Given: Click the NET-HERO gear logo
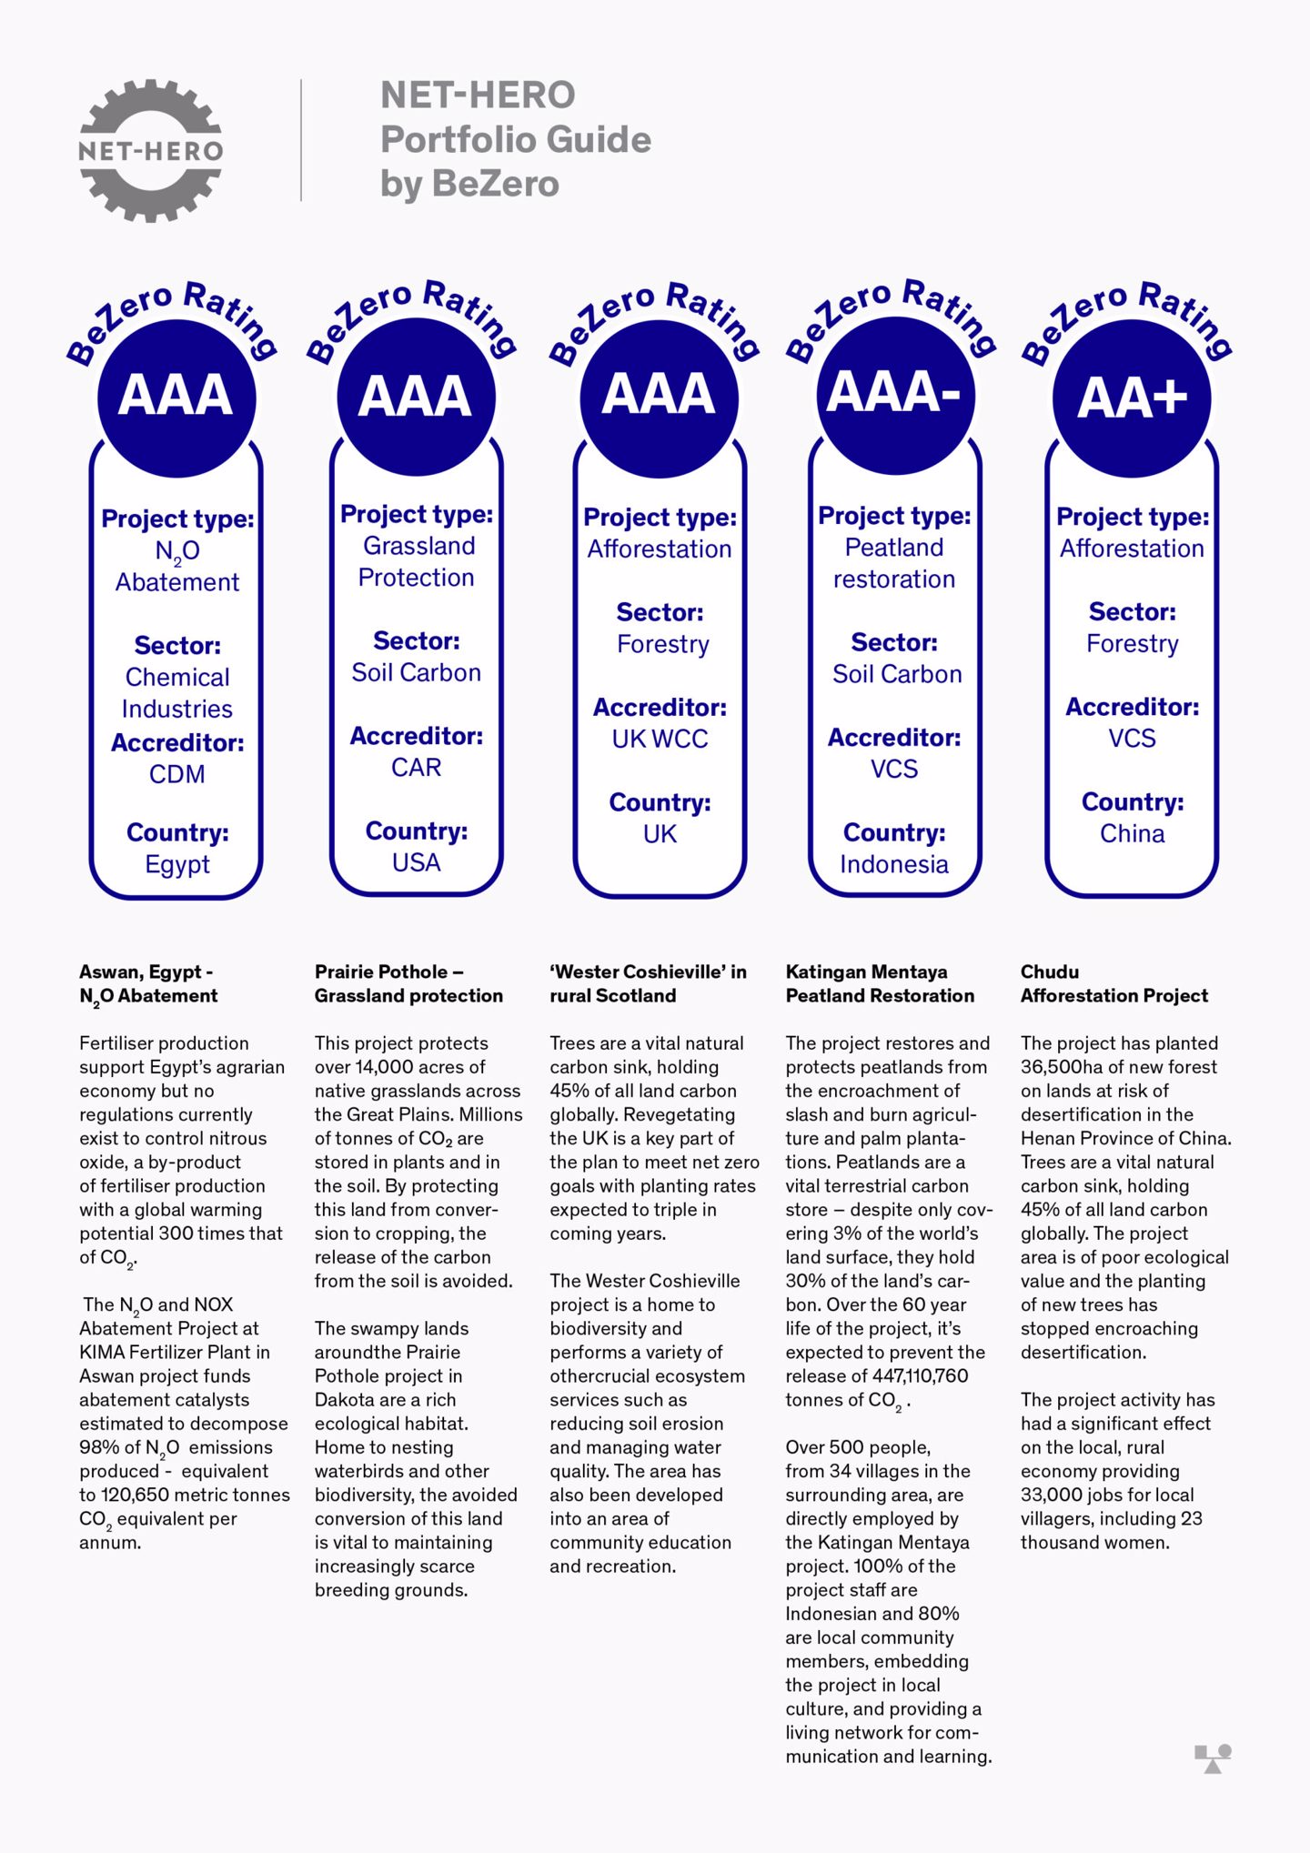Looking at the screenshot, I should [151, 150].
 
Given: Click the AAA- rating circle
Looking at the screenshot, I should [895, 394].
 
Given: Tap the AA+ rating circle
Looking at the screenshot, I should [1132, 398].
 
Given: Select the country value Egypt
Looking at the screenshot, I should [177, 864].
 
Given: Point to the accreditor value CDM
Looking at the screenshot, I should [177, 774].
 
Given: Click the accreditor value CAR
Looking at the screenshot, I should [417, 768].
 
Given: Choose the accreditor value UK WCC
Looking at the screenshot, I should [660, 740].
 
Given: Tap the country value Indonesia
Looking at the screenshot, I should [894, 864].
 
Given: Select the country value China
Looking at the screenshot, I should [1132, 834].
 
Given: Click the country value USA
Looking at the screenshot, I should [417, 862].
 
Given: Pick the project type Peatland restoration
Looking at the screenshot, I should [894, 563].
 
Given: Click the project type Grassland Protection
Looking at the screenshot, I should [417, 561].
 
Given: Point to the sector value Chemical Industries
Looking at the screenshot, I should [177, 693].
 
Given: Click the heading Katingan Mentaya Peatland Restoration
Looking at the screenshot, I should [879, 983].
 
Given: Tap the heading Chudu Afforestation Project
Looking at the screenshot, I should [1113, 983].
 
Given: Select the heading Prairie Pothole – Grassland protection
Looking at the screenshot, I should [408, 983].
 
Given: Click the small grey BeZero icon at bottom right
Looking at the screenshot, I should [1213, 1758].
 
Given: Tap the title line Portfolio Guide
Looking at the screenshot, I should [516, 140].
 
